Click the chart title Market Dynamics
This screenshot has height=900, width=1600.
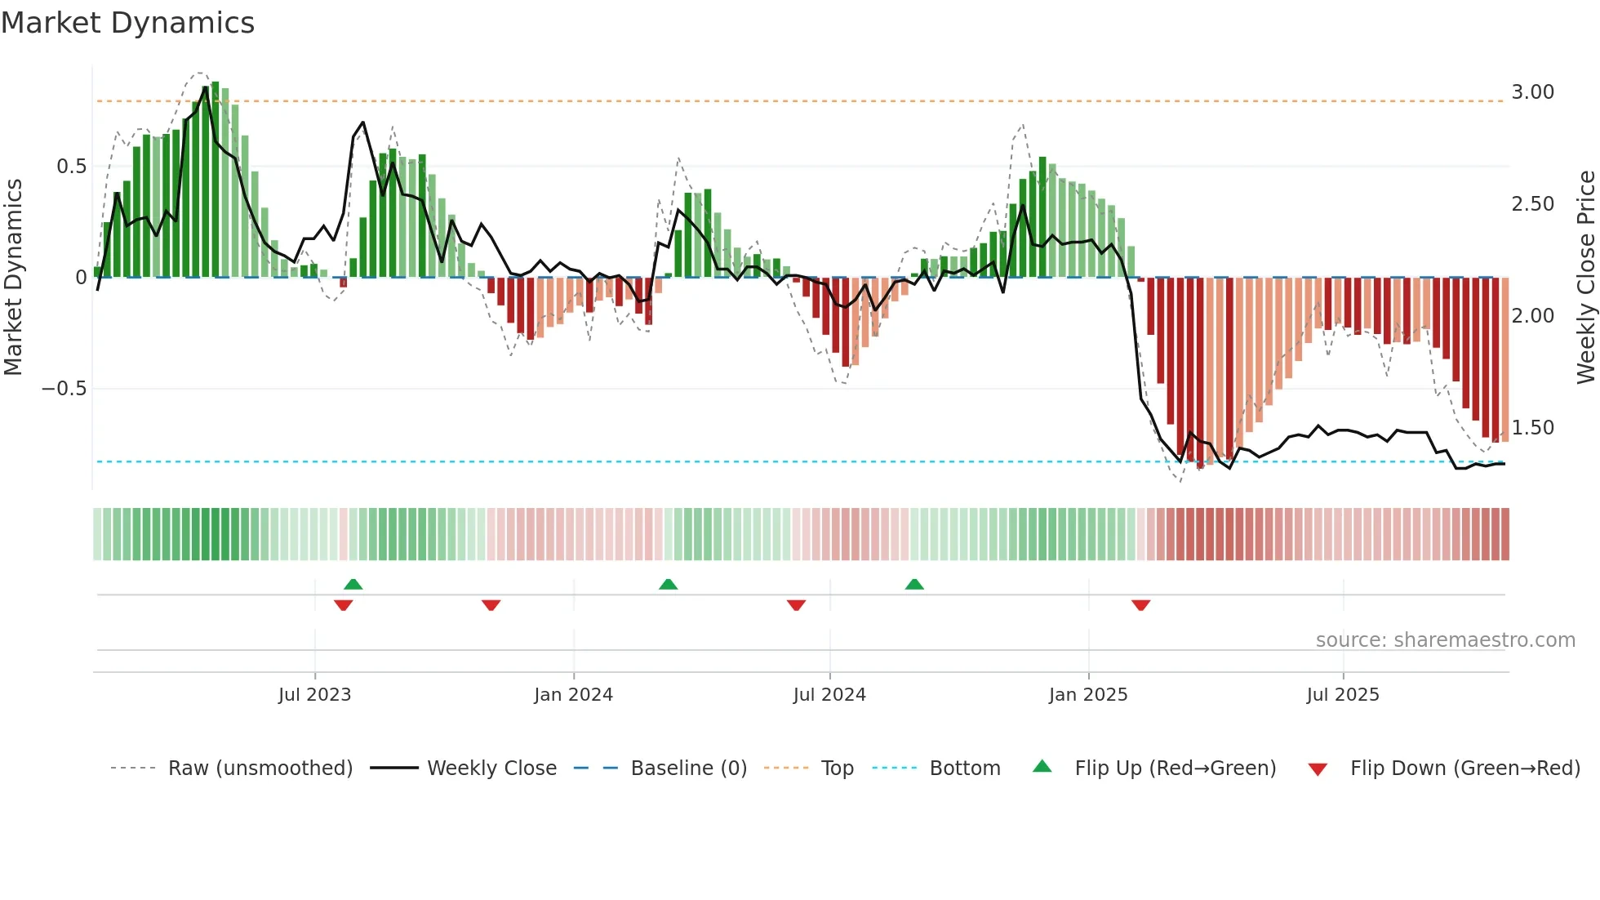[128, 23]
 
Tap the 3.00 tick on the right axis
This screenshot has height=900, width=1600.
[1532, 92]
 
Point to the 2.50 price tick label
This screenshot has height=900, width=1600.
[1532, 204]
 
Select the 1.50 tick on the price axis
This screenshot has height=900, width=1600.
[1532, 428]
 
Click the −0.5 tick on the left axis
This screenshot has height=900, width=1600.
[64, 389]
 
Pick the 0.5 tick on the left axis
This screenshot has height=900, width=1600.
[71, 167]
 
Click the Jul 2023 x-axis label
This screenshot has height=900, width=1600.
[314, 695]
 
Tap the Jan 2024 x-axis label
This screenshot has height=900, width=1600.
[573, 695]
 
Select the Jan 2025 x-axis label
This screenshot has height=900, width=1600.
[1088, 695]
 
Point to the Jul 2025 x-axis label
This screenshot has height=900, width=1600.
[1343, 695]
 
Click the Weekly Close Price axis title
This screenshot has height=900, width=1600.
[1585, 277]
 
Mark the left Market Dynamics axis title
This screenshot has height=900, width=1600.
[13, 277]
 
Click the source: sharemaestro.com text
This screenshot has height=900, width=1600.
[1445, 640]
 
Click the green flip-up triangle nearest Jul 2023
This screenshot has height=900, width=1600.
[353, 585]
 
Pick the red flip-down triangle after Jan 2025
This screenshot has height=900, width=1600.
[1140, 605]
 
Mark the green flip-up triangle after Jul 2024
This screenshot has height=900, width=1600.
[914, 585]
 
